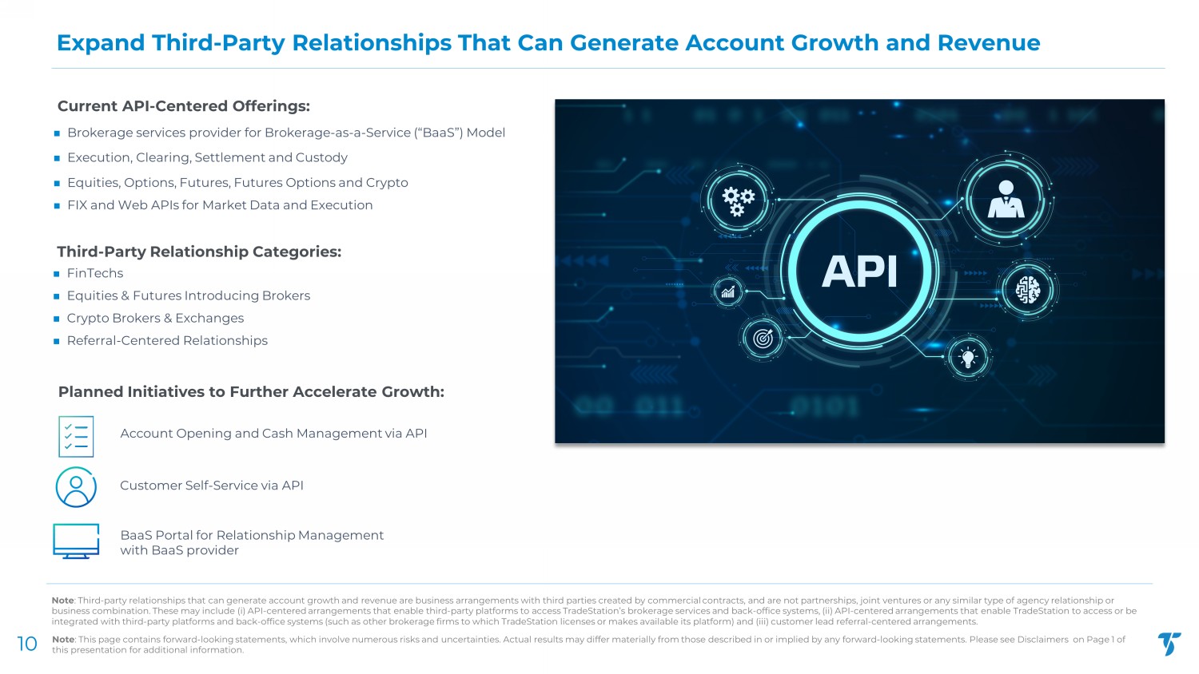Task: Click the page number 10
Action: click(27, 644)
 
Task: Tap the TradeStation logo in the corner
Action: click(1169, 644)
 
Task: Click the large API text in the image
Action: click(859, 272)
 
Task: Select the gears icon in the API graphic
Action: click(738, 202)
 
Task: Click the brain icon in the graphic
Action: click(1028, 290)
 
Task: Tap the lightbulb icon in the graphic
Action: click(968, 358)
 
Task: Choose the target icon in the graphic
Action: click(763, 338)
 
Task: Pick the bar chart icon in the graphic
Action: click(728, 292)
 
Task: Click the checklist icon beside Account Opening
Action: click(76, 437)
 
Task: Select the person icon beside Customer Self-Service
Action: click(76, 487)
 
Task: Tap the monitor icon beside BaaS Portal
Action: click(76, 541)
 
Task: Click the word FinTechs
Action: click(95, 273)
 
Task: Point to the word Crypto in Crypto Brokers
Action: click(86, 319)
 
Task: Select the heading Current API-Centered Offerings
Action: click(184, 106)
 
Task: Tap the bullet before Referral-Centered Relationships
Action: click(57, 341)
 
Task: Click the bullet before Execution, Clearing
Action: click(57, 158)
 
